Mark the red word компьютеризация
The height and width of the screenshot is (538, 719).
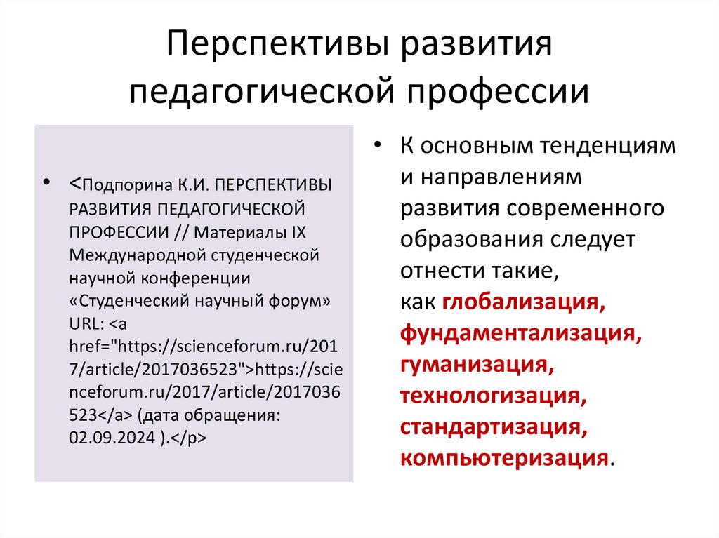pos(503,457)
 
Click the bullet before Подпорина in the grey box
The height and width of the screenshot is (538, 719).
pos(46,182)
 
